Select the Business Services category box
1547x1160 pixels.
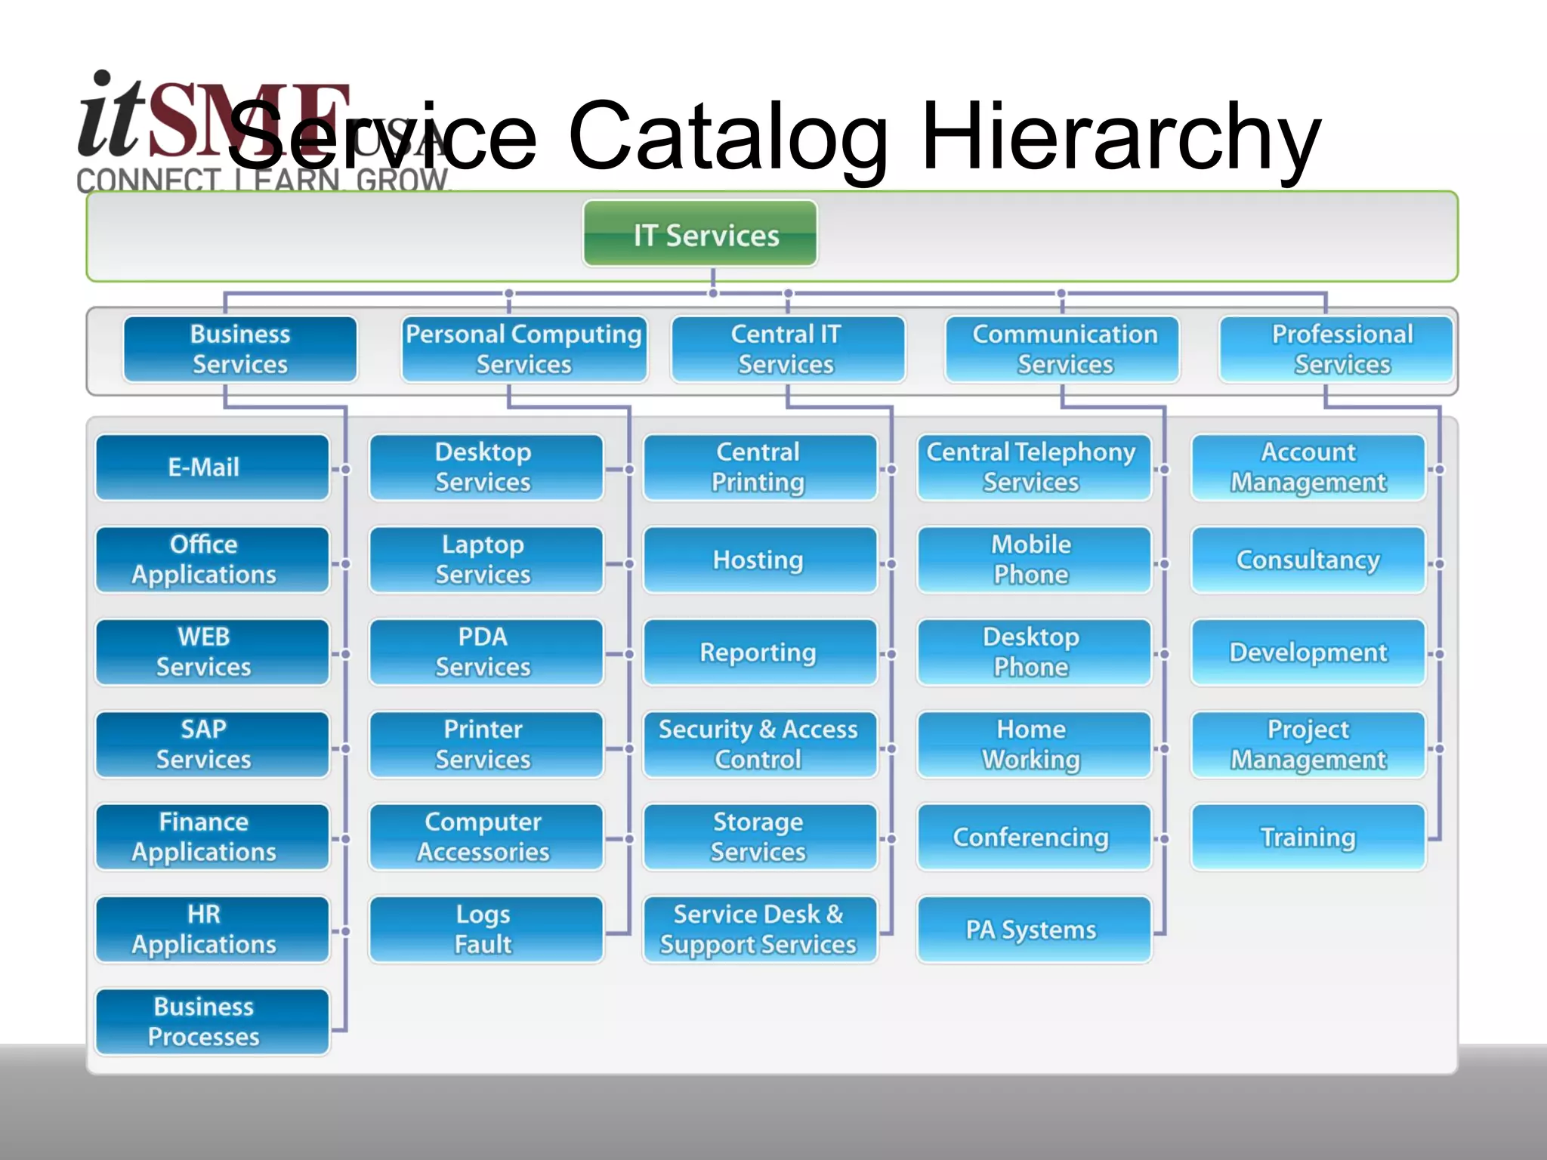click(x=240, y=349)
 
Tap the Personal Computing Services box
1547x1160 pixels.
click(x=523, y=349)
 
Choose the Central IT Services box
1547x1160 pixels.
click(x=786, y=349)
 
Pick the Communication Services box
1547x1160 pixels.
click(x=1064, y=349)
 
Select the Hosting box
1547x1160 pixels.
click(x=759, y=560)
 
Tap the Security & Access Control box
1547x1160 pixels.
click(x=759, y=745)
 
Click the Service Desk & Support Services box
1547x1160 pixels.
click(x=759, y=930)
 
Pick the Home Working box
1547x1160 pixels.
click(x=1033, y=745)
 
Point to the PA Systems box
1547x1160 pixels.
click(x=1033, y=930)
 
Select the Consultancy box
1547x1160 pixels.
click(x=1308, y=560)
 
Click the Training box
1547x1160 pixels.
click(x=1308, y=838)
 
